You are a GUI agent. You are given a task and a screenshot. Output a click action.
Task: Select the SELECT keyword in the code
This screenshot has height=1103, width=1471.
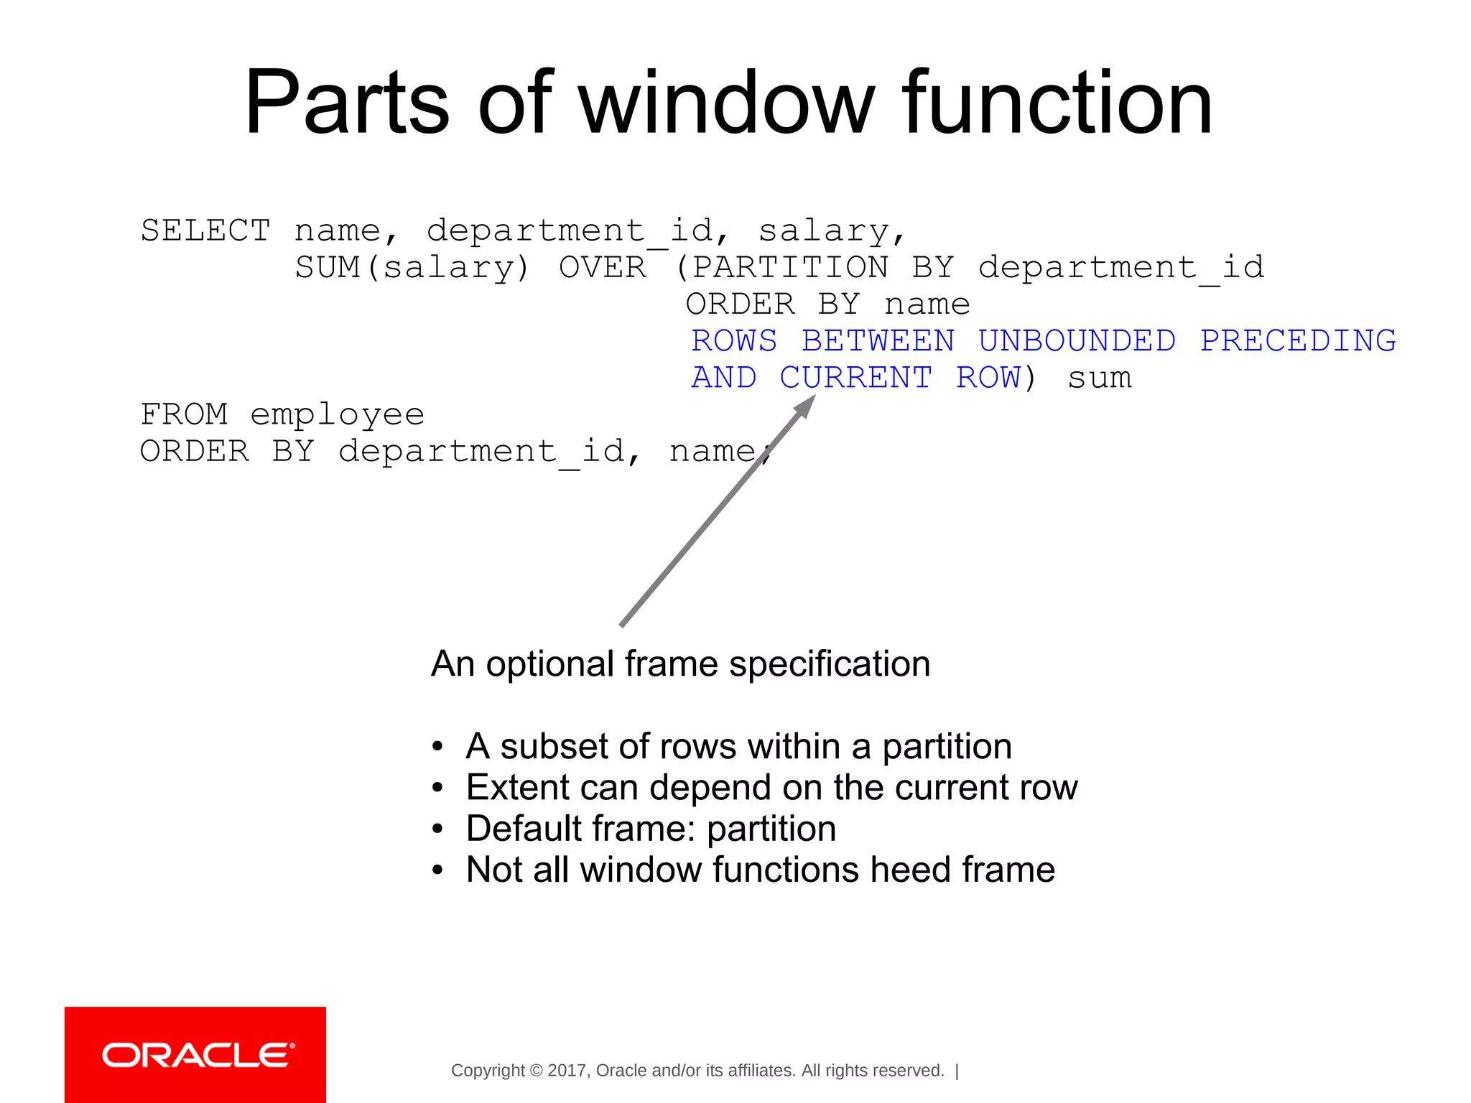point(205,231)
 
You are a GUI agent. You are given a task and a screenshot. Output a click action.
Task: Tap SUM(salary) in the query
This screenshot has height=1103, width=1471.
point(412,268)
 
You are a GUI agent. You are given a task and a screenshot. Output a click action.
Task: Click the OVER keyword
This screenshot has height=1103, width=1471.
point(602,268)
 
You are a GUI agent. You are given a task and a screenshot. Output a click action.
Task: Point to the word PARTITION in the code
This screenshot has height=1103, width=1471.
point(789,268)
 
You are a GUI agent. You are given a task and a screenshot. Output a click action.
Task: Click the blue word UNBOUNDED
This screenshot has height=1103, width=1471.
point(1076,341)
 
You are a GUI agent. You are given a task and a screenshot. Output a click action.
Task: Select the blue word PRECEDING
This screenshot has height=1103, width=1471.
point(1297,341)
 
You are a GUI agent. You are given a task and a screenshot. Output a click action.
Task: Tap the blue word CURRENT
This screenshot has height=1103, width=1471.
point(855,378)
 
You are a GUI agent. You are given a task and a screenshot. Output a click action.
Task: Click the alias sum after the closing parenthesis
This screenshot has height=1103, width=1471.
point(1099,378)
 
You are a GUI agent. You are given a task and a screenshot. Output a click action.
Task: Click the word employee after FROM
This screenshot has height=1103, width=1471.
point(337,415)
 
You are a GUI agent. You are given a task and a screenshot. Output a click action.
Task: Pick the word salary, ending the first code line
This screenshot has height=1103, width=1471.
point(830,231)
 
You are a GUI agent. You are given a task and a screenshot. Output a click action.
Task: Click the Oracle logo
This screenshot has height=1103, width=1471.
point(195,1055)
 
